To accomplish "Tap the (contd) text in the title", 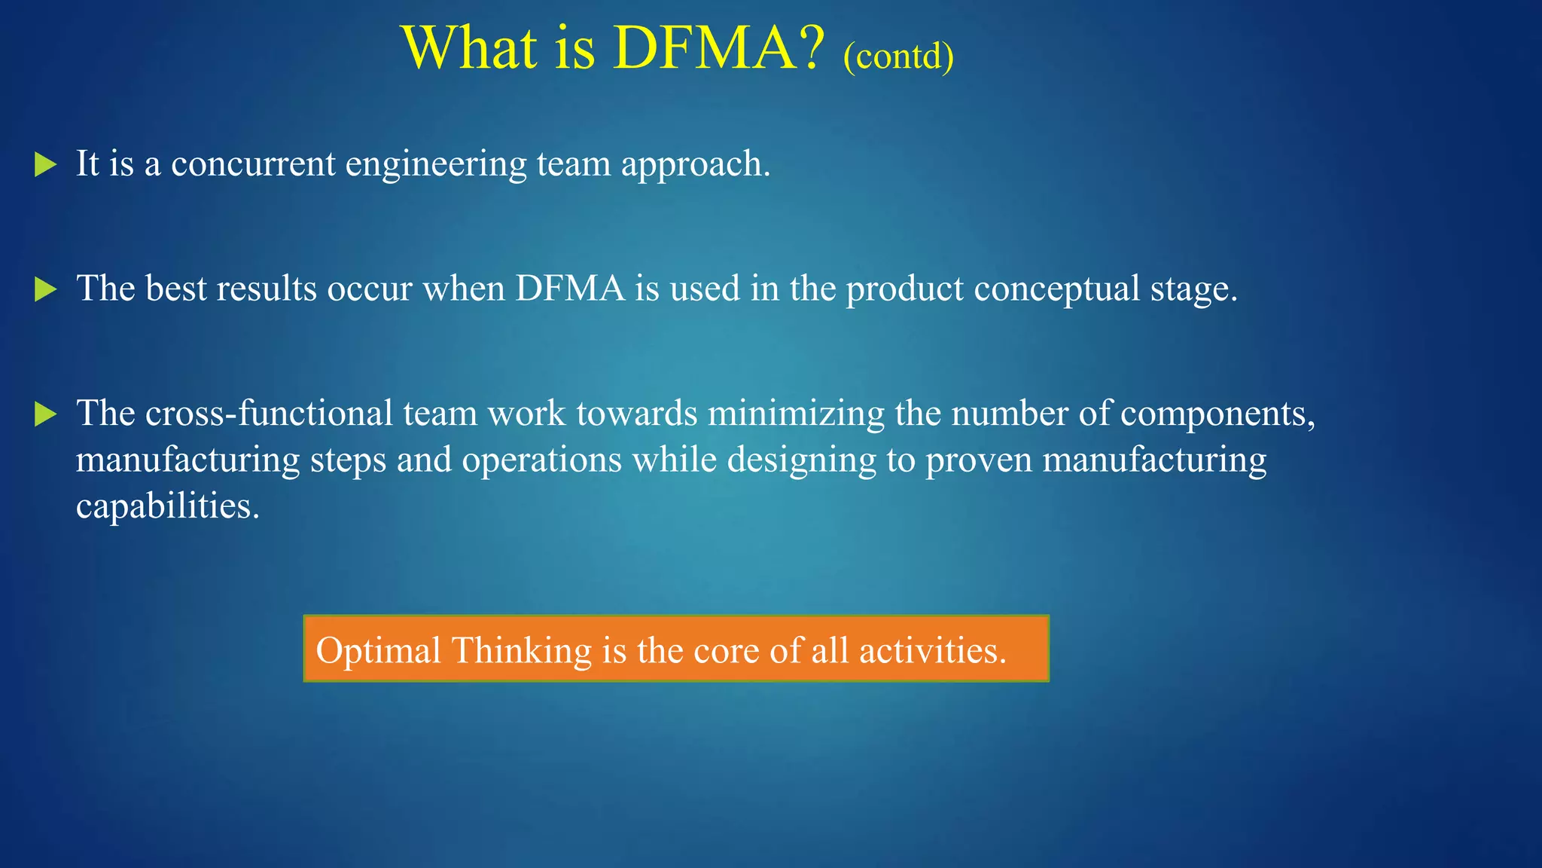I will coord(898,57).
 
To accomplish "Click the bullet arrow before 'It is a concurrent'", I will coord(46,164).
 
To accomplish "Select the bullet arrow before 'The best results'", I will coord(46,289).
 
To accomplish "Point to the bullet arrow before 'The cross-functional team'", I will coord(46,414).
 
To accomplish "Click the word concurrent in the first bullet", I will coord(253,164).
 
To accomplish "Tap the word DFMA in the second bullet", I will coord(570,289).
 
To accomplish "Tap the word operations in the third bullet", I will coord(542,460).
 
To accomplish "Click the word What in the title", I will coord(471,48).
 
